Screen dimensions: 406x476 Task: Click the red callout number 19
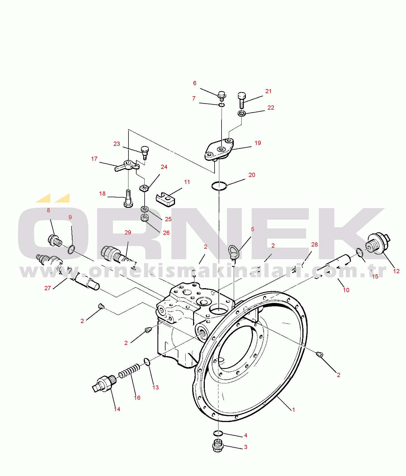tap(258, 143)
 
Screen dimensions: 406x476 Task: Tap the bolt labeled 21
tap(242, 100)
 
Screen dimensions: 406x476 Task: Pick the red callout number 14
tap(117, 409)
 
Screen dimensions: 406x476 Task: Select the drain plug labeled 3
tap(218, 445)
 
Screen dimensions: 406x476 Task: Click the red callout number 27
tap(48, 288)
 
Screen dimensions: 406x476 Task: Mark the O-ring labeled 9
tap(71, 249)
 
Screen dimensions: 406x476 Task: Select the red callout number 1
tap(293, 410)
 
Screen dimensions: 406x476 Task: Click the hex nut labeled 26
tap(145, 217)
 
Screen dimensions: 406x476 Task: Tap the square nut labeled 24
tap(144, 188)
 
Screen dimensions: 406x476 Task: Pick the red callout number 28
tap(314, 245)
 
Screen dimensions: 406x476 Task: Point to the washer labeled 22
tap(242, 113)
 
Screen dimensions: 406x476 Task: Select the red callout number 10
tap(346, 290)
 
